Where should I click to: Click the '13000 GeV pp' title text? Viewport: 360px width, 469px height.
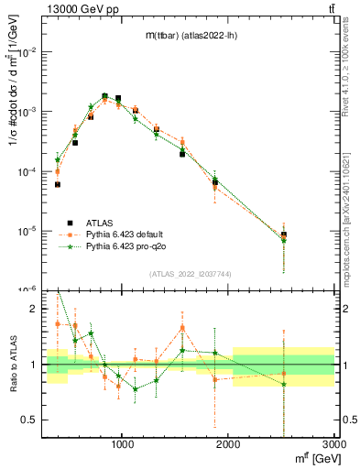(82, 9)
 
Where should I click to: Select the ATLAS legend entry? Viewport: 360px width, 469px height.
(99, 222)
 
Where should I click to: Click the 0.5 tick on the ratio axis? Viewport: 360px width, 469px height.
(31, 420)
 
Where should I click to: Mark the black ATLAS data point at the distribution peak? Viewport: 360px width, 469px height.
(104, 96)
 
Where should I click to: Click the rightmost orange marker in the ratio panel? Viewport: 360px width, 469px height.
(283, 374)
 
